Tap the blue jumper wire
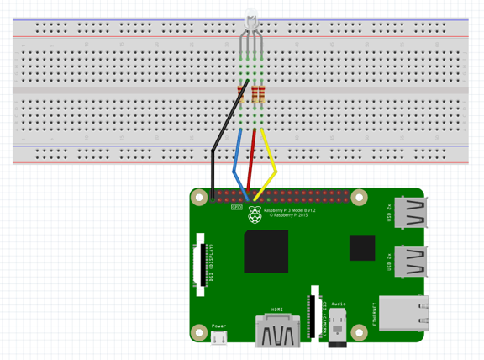pyautogui.click(x=239, y=160)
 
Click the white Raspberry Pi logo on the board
pyautogui.click(x=255, y=215)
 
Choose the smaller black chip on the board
pyautogui.click(x=362, y=247)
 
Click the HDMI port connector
pyautogui.click(x=276, y=330)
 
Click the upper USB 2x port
pyautogui.click(x=411, y=214)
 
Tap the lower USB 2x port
pyautogui.click(x=411, y=262)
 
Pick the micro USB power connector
pyautogui.click(x=218, y=338)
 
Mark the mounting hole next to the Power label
pyautogui.click(x=200, y=333)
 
